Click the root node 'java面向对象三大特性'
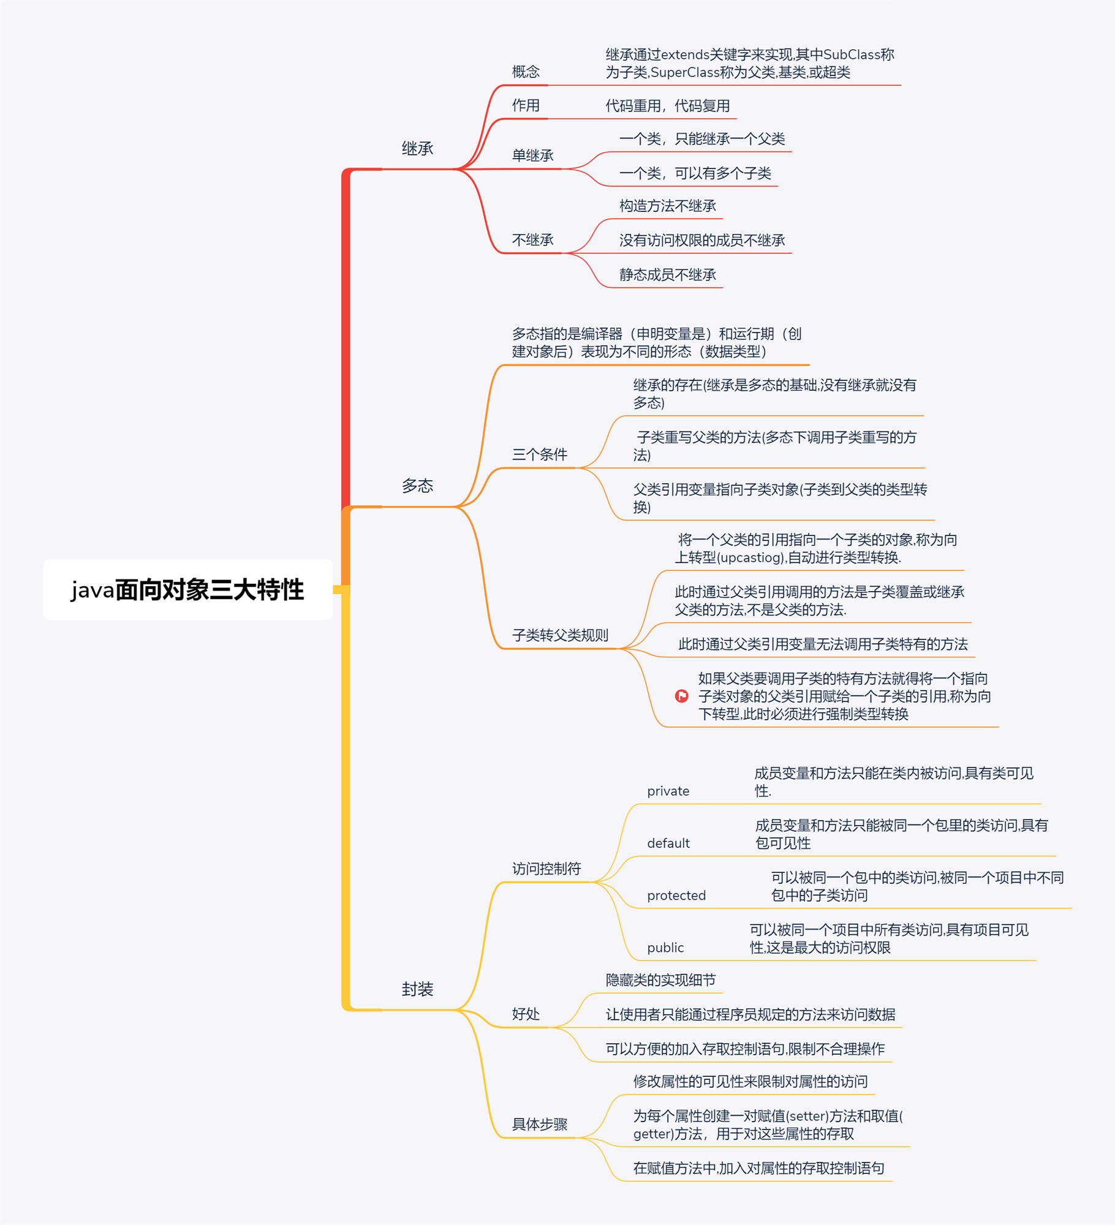[x=187, y=589]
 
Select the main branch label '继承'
[x=417, y=148]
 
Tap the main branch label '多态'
[x=417, y=486]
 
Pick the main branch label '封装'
[x=417, y=989]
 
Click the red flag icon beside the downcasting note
[x=681, y=696]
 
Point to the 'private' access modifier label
[x=668, y=791]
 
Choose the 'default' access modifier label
[x=668, y=843]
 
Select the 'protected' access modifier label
[x=676, y=895]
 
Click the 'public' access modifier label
[x=665, y=947]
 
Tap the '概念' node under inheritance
[x=526, y=72]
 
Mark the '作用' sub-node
[x=526, y=105]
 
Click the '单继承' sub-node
[x=532, y=155]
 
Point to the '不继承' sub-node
[x=532, y=239]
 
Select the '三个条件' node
[x=539, y=454]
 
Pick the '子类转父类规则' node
[x=560, y=635]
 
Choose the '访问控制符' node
[x=546, y=868]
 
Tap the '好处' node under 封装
[x=526, y=1013]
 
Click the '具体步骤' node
[x=539, y=1124]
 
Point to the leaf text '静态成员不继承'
[x=667, y=274]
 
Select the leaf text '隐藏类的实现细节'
[x=660, y=979]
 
